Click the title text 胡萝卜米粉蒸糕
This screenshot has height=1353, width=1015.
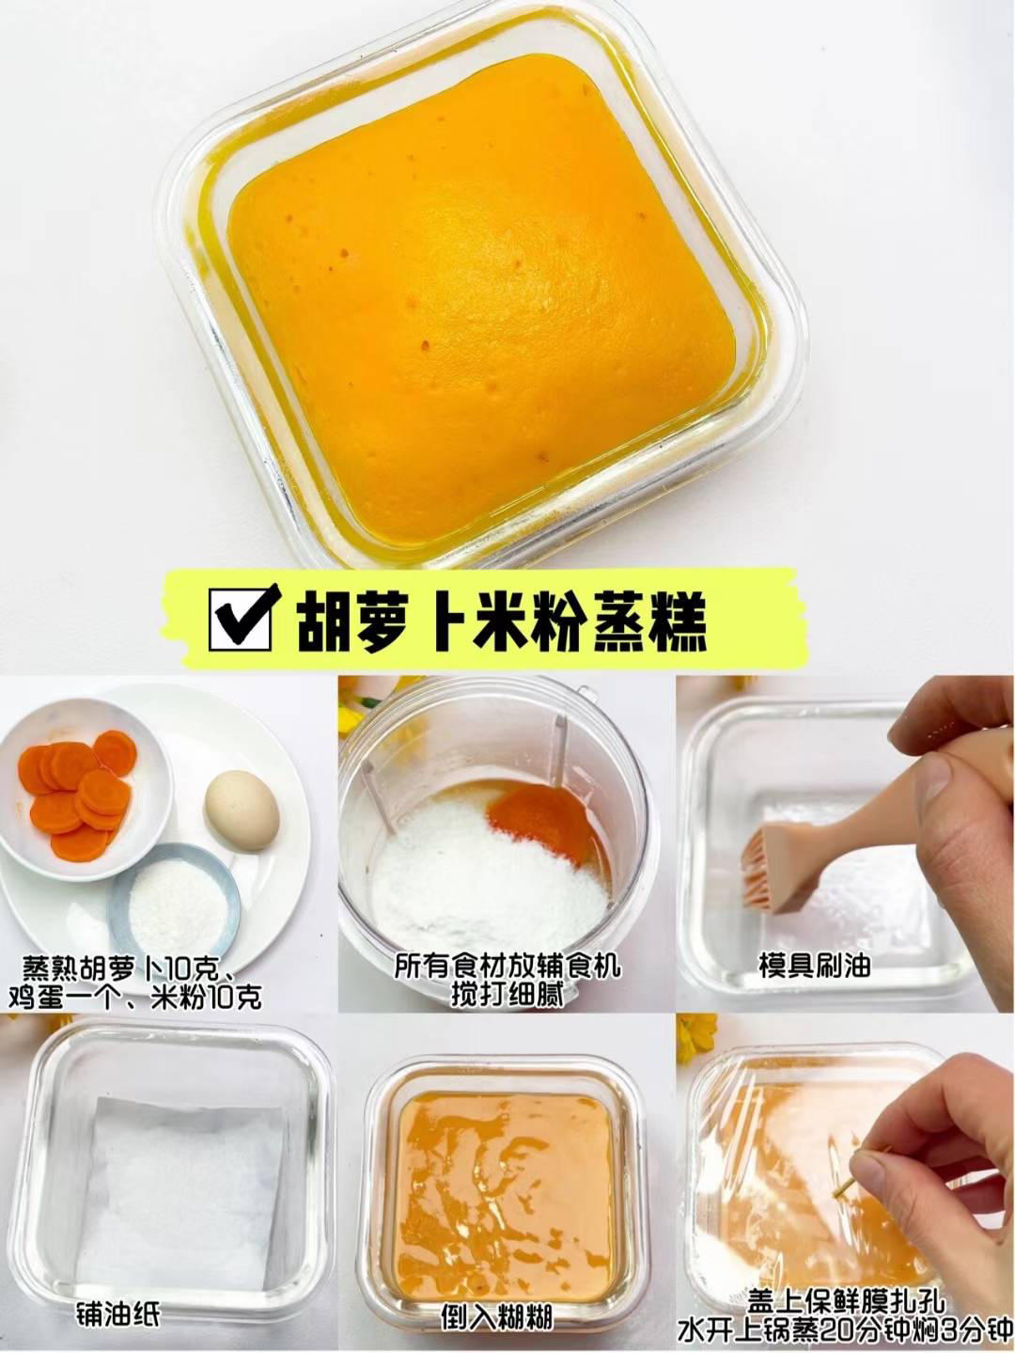[501, 621]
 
